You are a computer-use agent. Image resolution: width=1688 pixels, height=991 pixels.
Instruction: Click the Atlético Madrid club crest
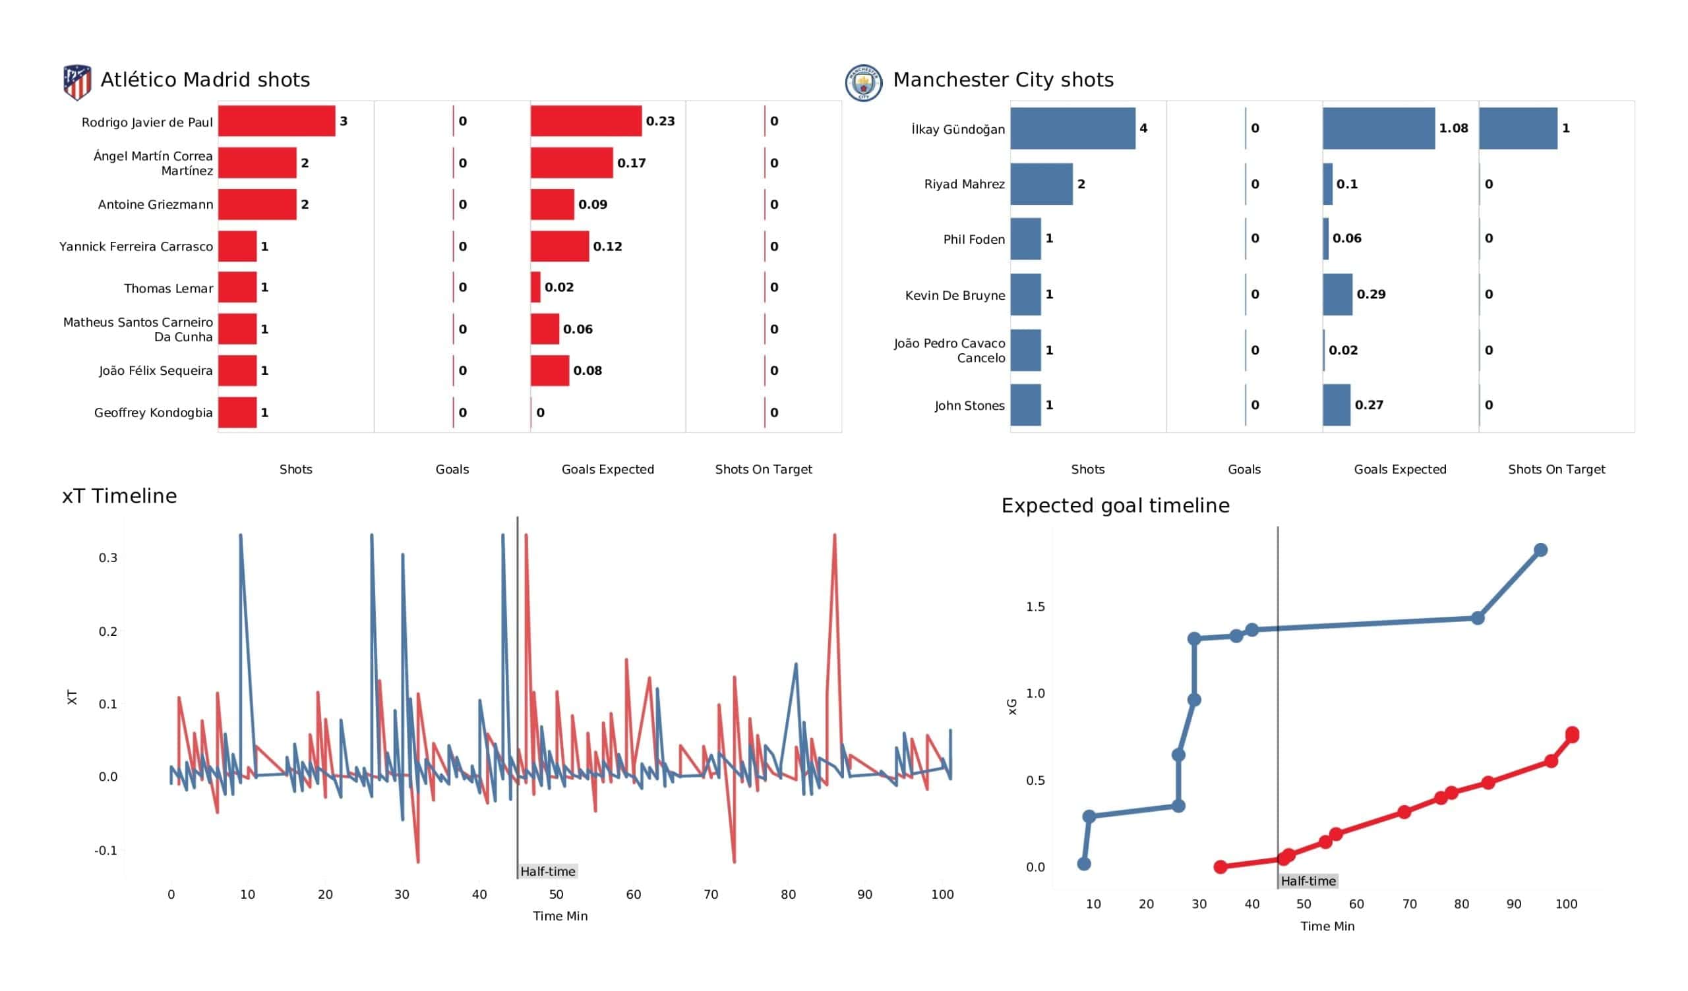(x=77, y=82)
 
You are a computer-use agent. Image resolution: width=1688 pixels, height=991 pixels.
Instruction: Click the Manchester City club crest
(x=863, y=83)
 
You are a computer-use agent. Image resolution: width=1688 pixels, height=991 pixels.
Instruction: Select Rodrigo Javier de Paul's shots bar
(x=276, y=121)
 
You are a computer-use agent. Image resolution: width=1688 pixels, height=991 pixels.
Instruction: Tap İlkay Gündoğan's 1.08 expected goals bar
(x=1378, y=128)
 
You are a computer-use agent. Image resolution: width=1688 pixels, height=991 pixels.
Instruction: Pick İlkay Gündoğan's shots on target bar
(x=1517, y=128)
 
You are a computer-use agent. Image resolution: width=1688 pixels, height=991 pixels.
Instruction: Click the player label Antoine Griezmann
(x=156, y=205)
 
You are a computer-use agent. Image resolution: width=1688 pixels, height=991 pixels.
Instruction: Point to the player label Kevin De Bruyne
(x=955, y=295)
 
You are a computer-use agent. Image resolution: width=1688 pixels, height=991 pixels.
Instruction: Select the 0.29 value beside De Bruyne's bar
(x=1370, y=295)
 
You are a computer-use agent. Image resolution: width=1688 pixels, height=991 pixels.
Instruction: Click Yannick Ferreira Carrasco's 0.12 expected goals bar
(x=559, y=246)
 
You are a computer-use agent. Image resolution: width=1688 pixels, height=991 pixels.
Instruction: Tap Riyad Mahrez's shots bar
(x=1041, y=184)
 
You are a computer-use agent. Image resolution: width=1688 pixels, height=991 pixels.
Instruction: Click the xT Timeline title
(x=119, y=496)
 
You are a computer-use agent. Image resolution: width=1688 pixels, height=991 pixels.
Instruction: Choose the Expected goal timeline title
(x=1114, y=505)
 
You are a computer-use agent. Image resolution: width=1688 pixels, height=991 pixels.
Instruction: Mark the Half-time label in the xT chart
(x=547, y=872)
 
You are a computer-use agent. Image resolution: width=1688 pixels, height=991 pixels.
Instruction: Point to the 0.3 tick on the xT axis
(x=108, y=558)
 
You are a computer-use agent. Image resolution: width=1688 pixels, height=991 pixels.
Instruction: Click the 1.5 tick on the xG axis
(x=1035, y=607)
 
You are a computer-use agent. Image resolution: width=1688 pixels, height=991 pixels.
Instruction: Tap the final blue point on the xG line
(x=1540, y=550)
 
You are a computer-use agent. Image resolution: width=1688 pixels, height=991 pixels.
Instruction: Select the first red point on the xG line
(x=1221, y=867)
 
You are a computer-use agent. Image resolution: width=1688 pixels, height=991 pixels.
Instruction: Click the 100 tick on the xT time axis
(x=942, y=895)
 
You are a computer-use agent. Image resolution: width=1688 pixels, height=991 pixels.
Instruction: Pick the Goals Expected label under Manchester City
(x=1399, y=469)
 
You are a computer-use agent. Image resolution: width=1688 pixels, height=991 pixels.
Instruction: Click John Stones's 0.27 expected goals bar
(x=1337, y=405)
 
